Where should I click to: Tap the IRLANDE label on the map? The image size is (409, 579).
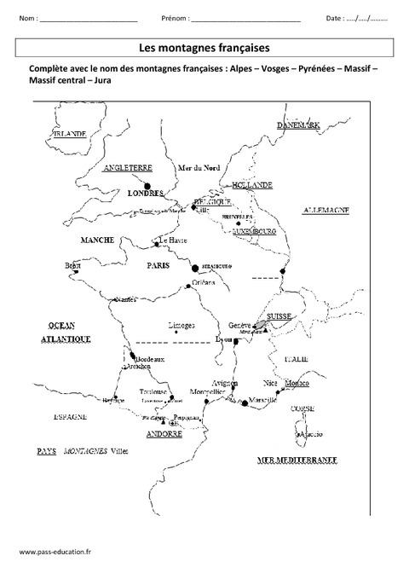pyautogui.click(x=70, y=134)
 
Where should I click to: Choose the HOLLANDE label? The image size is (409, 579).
pyautogui.click(x=252, y=184)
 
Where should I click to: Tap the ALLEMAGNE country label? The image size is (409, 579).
pyautogui.click(x=327, y=210)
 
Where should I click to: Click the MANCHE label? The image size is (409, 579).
pyautogui.click(x=97, y=241)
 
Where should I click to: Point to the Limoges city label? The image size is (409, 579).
pyautogui.click(x=181, y=326)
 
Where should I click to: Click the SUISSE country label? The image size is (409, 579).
pyautogui.click(x=279, y=316)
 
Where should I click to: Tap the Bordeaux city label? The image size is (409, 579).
pyautogui.click(x=148, y=359)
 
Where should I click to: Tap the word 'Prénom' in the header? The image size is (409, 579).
pyautogui.click(x=175, y=18)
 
